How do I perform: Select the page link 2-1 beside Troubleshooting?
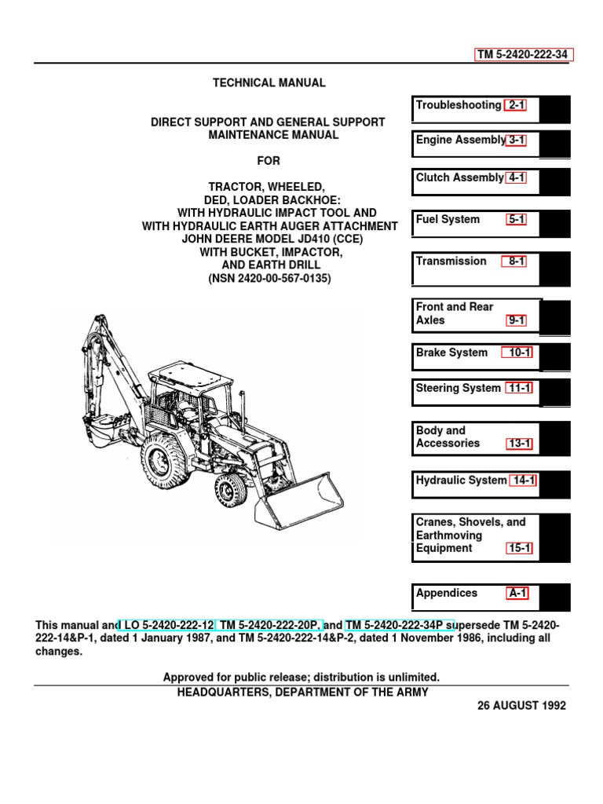(516, 105)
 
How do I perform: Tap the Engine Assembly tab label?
(460, 140)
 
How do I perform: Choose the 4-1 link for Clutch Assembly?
(516, 177)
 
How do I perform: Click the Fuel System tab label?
(448, 220)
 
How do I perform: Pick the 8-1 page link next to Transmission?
(516, 261)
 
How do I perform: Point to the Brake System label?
(451, 353)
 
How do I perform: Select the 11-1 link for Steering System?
(519, 389)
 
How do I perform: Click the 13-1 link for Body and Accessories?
(519, 444)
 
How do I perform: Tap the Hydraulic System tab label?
(461, 481)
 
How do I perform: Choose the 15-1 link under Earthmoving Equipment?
(519, 549)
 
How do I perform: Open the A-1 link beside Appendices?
(517, 594)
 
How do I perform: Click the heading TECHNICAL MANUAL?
(269, 83)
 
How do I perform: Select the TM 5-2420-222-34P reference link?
(400, 625)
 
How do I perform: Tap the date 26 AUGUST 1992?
(521, 706)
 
